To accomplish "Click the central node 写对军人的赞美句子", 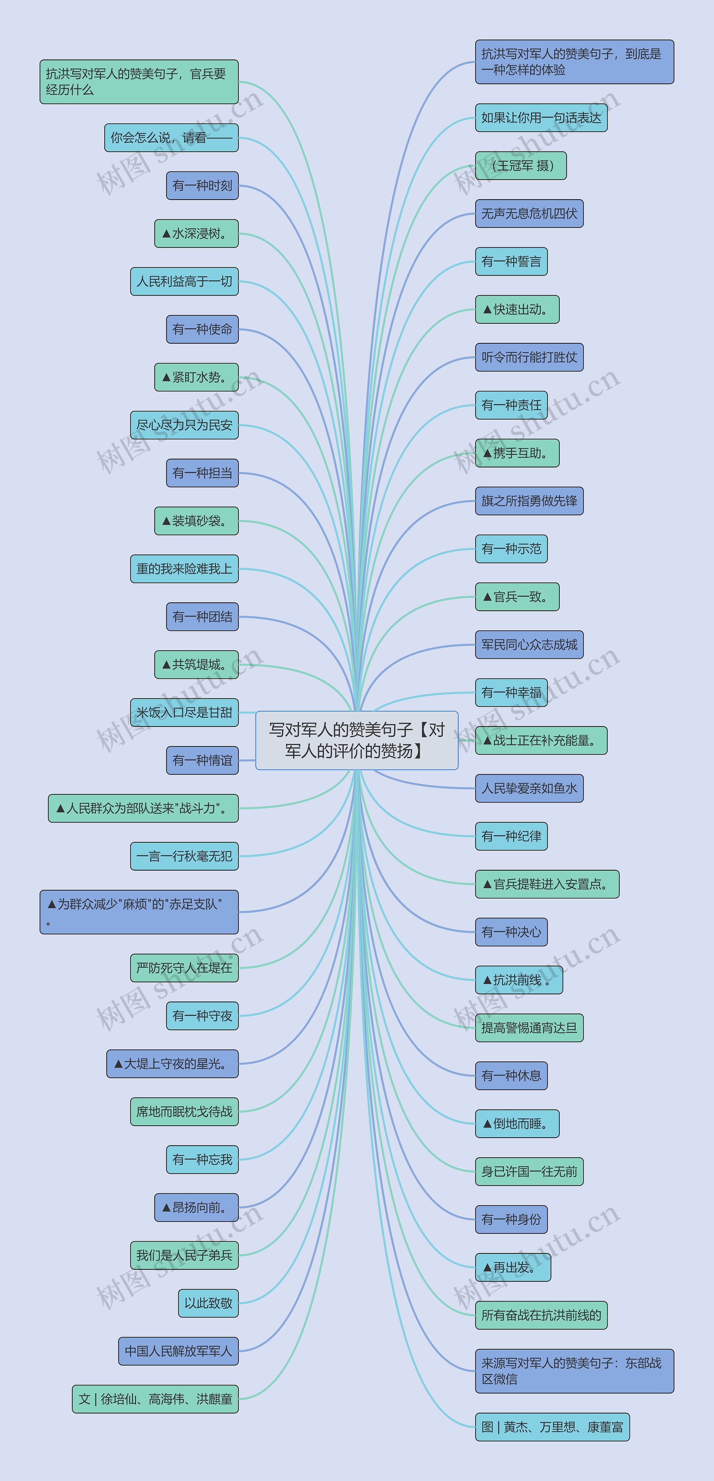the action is click(x=357, y=740).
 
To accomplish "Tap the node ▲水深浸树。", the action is click(x=196, y=233).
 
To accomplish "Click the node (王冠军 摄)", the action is click(x=521, y=165).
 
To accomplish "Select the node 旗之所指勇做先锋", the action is click(x=529, y=501).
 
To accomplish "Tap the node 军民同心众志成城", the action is click(x=529, y=644).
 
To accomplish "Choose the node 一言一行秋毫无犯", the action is click(x=184, y=856).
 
